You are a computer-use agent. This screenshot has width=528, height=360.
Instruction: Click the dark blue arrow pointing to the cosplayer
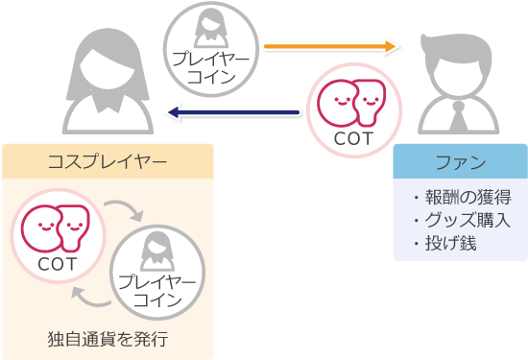(x=234, y=114)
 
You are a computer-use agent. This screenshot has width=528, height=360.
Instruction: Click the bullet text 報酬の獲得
(x=468, y=197)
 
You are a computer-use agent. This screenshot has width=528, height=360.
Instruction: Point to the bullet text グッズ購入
(x=468, y=220)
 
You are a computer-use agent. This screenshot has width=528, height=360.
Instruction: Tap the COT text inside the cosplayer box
(x=57, y=260)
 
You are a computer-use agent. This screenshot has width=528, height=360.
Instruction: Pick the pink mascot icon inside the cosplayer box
(x=57, y=227)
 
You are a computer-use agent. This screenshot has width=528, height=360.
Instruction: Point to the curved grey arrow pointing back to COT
(x=87, y=293)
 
